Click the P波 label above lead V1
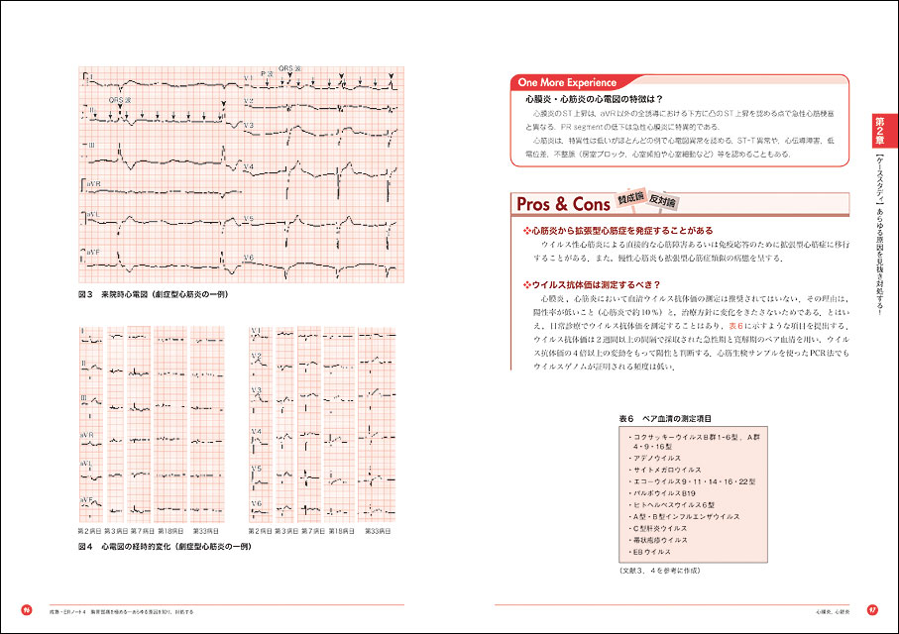[x=266, y=73]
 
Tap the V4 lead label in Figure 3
[x=250, y=165]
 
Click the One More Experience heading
[x=566, y=83]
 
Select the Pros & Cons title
[x=562, y=205]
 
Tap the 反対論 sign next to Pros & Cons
[x=664, y=200]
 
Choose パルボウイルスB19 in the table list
[x=664, y=492]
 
